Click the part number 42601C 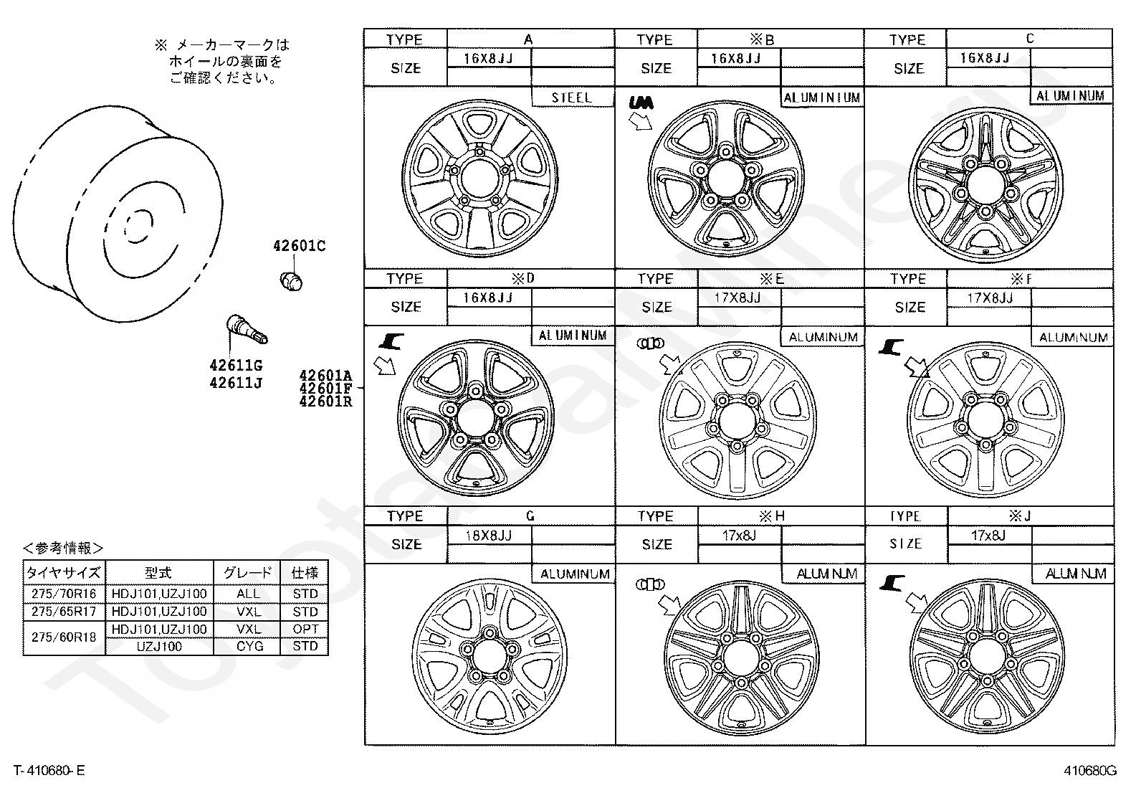299,247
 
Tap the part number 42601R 325,402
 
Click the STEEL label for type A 572,98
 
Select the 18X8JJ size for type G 487,536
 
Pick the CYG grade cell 249,647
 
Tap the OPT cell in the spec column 305,629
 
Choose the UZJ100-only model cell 160,647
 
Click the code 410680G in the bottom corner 1089,772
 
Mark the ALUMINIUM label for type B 822,98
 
